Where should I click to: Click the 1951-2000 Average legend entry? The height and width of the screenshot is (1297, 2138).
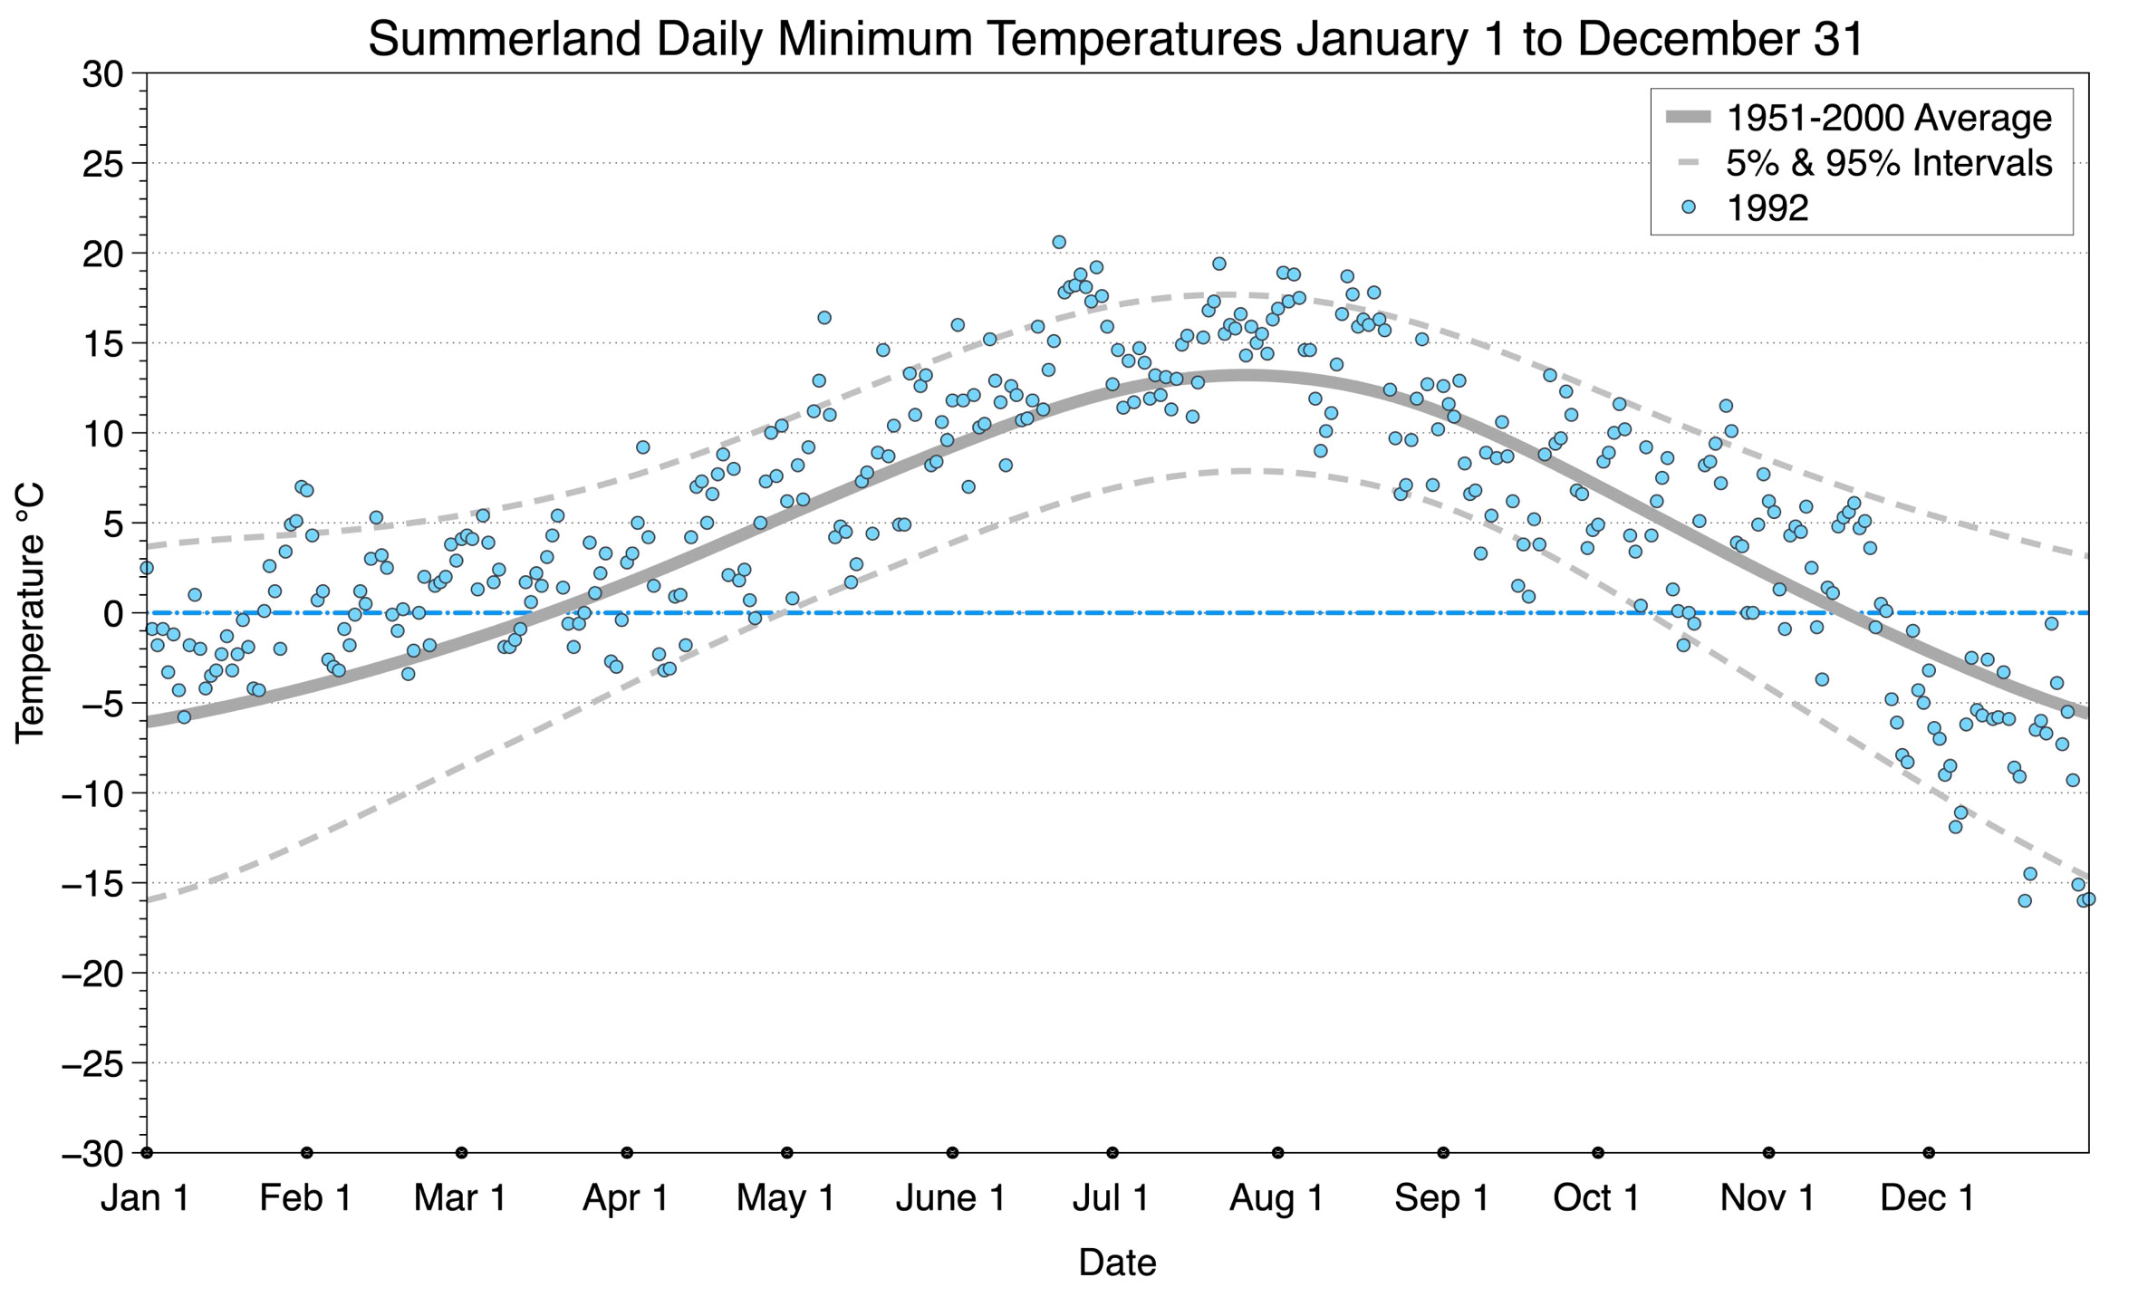(1888, 118)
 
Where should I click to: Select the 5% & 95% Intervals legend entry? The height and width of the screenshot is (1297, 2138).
(1888, 163)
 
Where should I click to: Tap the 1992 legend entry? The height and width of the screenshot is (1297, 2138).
(1767, 208)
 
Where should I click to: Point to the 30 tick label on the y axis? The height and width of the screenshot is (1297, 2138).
(102, 74)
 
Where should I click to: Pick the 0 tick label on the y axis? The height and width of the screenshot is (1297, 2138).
(113, 614)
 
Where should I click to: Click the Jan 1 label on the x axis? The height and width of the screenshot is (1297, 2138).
(145, 1198)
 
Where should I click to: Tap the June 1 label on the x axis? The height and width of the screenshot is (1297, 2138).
(950, 1198)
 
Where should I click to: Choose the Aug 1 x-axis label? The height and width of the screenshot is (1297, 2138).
(1276, 1198)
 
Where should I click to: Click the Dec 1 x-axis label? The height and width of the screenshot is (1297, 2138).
(1927, 1198)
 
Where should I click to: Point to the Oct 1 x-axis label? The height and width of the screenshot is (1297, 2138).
(1596, 1198)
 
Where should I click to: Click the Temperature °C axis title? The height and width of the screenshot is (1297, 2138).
(30, 613)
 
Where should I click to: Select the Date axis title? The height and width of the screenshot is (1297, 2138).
(1117, 1263)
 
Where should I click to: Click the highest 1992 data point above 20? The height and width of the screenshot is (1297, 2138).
(1059, 242)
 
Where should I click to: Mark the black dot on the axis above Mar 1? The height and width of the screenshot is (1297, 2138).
(462, 1153)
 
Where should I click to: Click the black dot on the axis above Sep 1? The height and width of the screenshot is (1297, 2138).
(1443, 1153)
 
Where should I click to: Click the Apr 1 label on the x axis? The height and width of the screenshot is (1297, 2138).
(625, 1198)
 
